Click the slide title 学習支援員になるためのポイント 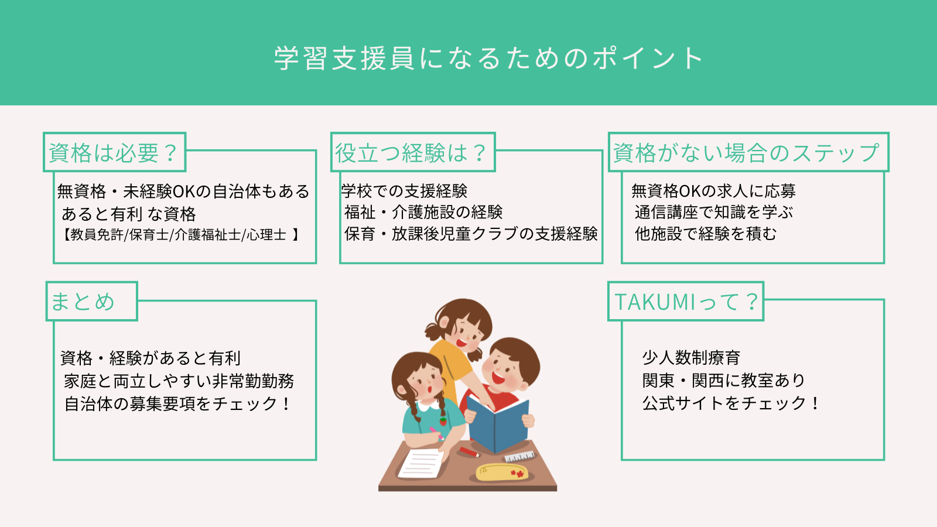tap(488, 58)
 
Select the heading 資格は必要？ tap(114, 153)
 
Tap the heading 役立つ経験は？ tap(411, 153)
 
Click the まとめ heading tap(83, 302)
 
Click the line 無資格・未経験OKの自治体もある tap(183, 191)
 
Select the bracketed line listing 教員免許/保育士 tap(181, 235)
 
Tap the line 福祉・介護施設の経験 tap(423, 213)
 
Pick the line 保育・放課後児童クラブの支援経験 tap(471, 234)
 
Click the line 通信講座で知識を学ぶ tap(714, 213)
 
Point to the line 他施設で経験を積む tap(705, 234)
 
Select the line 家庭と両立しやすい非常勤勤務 tap(179, 381)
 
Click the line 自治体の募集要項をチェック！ tap(177, 403)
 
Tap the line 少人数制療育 tap(691, 358)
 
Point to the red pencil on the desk tap(469, 451)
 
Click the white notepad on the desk tap(421, 463)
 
